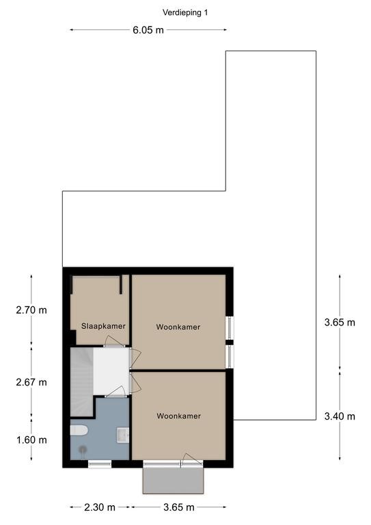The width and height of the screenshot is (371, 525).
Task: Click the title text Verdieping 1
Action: pyautogui.click(x=185, y=13)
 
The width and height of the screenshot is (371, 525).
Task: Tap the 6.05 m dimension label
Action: pyautogui.click(x=148, y=30)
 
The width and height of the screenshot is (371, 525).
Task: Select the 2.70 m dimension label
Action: pyautogui.click(x=31, y=310)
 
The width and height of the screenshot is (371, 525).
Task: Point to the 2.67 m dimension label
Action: pyautogui.click(x=31, y=382)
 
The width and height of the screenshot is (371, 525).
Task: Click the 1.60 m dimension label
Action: pyautogui.click(x=32, y=440)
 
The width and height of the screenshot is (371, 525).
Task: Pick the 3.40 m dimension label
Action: pyautogui.click(x=340, y=416)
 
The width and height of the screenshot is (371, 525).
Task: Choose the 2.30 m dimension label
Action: pyautogui.click(x=100, y=507)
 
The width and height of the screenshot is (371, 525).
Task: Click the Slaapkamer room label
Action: pyautogui.click(x=103, y=326)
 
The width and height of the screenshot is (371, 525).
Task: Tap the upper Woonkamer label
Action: pyautogui.click(x=178, y=327)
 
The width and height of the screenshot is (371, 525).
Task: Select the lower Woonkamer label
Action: pyautogui.click(x=178, y=416)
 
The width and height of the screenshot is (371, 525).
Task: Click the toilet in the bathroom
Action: pyautogui.click(x=79, y=430)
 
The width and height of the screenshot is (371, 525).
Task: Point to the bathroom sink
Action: pyautogui.click(x=123, y=435)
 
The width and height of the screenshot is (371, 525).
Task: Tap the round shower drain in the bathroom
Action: pyautogui.click(x=83, y=449)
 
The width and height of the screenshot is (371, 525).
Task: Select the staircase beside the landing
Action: pyautogui.click(x=81, y=381)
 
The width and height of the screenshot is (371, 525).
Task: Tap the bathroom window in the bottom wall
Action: pyautogui.click(x=100, y=464)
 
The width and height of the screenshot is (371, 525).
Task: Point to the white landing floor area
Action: pyautogui.click(x=111, y=371)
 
